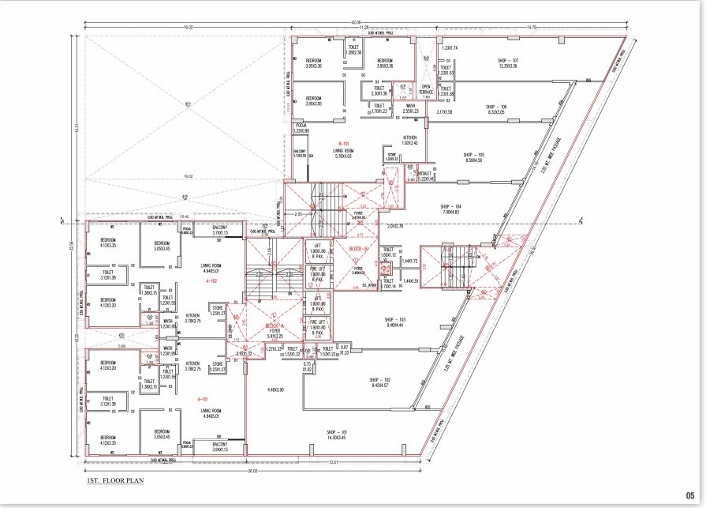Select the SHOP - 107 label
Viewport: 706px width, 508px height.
pos(507,61)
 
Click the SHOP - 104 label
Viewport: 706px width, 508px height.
pos(451,205)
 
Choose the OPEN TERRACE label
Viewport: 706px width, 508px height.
pos(427,89)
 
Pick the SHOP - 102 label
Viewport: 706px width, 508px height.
pos(380,380)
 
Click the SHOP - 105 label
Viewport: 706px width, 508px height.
pos(473,155)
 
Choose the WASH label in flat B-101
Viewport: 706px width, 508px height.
pos(410,106)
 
